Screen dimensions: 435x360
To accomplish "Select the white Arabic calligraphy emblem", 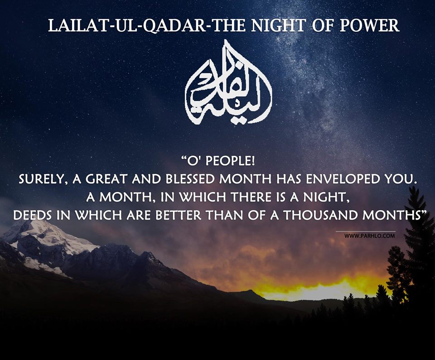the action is click(x=228, y=82).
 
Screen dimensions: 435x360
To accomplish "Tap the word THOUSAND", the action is click(x=319, y=215).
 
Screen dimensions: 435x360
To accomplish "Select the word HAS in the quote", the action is click(x=289, y=179).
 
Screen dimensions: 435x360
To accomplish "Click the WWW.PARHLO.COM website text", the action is click(x=369, y=236).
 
